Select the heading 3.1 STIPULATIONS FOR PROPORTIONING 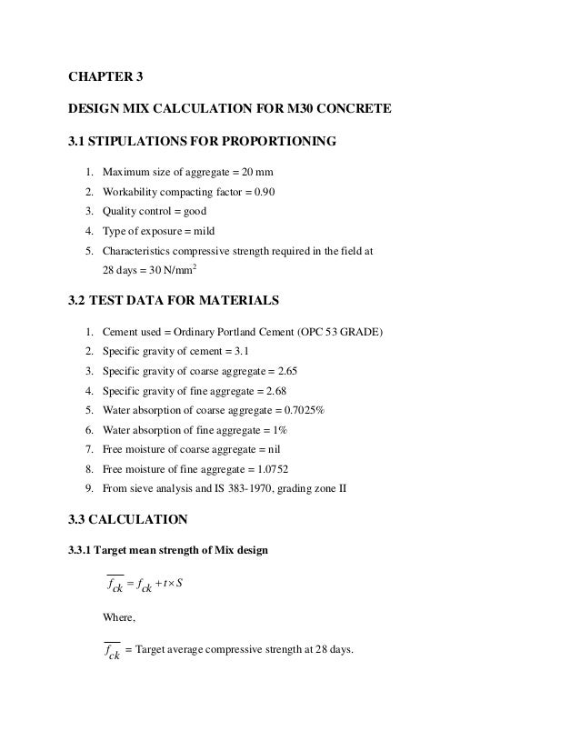(203, 141)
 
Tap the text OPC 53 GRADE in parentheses (341, 333)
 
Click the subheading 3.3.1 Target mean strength (167, 550)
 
